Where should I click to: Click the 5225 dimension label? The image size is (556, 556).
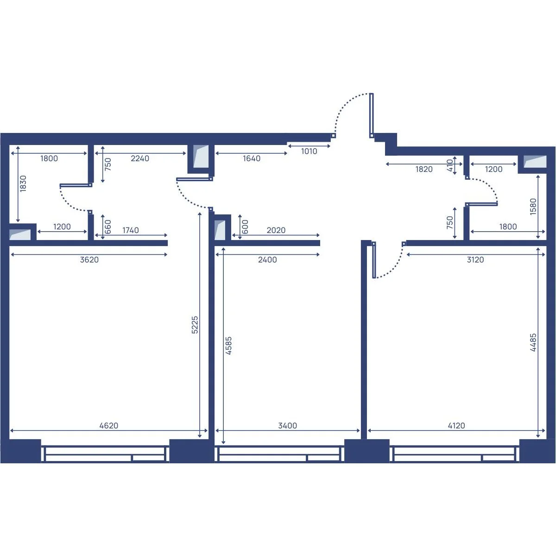click(195, 325)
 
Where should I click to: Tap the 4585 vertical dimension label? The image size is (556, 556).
click(228, 345)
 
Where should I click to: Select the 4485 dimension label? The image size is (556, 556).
click(533, 342)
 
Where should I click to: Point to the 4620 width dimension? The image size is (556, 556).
click(109, 426)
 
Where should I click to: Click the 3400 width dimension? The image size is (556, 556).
click(287, 426)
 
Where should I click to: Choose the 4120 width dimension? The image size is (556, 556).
click(456, 426)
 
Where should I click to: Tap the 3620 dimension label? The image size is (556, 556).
click(89, 259)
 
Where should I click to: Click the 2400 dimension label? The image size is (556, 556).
click(267, 259)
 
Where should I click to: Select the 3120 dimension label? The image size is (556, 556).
click(475, 259)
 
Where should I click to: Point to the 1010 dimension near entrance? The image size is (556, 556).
click(309, 151)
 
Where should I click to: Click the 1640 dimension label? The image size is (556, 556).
click(252, 158)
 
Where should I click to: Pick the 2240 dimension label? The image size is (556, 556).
click(140, 158)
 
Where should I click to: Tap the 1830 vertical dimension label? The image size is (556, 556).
click(23, 183)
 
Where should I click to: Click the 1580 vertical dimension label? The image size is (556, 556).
click(533, 206)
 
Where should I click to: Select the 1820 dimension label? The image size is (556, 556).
click(424, 169)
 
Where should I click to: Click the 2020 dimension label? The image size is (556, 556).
click(276, 230)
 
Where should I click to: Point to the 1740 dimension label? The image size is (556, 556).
click(130, 230)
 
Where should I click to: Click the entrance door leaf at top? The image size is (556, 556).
click(372, 115)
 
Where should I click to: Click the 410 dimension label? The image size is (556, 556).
click(450, 165)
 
